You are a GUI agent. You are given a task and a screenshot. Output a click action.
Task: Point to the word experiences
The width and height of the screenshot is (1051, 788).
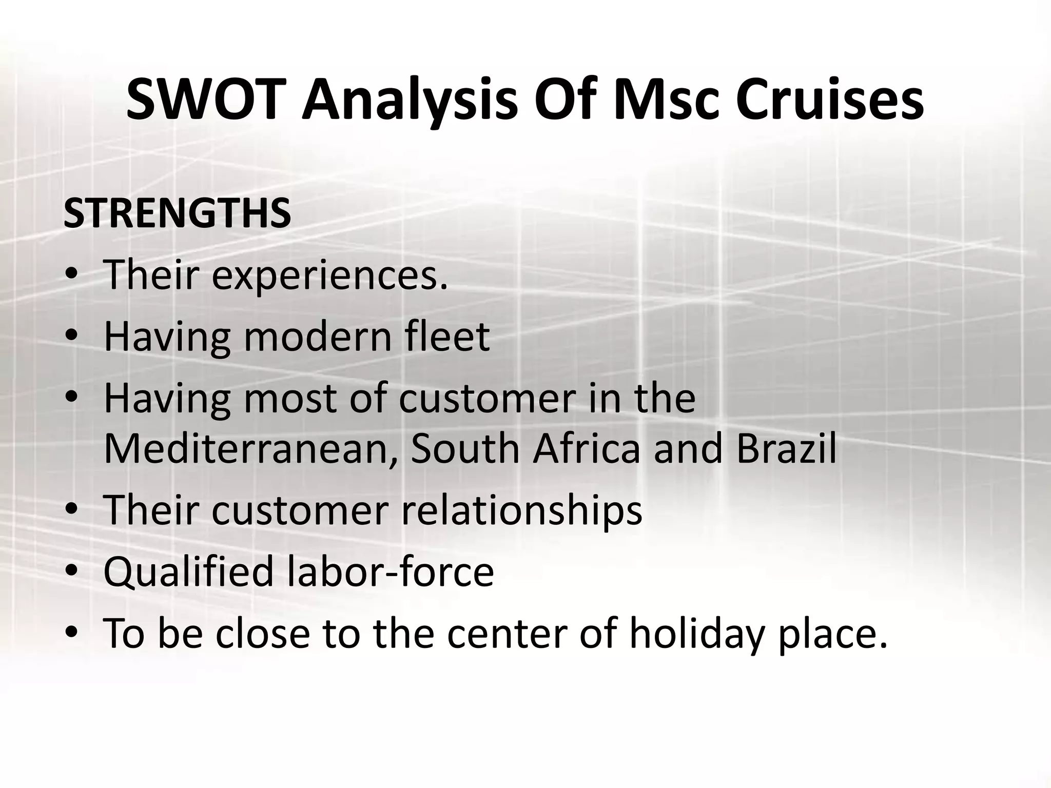(329, 275)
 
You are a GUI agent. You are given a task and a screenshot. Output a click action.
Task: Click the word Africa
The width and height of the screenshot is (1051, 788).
(587, 448)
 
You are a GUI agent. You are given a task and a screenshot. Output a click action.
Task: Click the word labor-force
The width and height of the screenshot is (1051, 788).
(391, 572)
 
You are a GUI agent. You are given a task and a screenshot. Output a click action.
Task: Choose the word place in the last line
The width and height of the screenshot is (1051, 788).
(832, 634)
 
